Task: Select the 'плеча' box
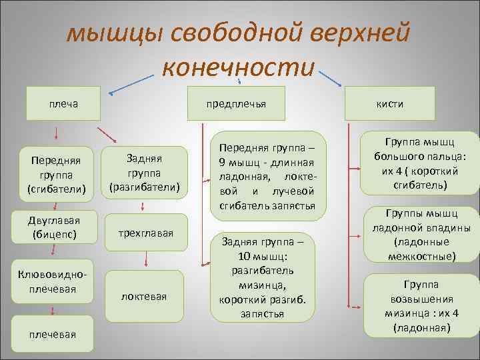[64, 103]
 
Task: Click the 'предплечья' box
[237, 103]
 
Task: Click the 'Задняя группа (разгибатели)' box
[145, 171]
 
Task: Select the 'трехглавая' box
[145, 233]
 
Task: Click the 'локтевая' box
[145, 295]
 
